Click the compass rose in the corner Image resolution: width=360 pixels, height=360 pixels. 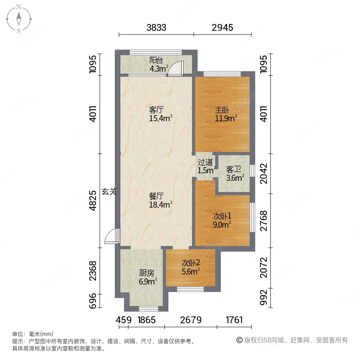click(x=19, y=19)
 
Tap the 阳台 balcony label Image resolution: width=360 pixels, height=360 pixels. click(x=156, y=60)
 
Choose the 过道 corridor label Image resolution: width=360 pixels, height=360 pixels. click(x=205, y=162)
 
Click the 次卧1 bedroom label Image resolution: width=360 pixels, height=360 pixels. click(x=222, y=216)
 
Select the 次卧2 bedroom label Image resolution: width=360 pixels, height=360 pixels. click(x=191, y=263)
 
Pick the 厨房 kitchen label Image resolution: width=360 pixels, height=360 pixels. click(x=146, y=274)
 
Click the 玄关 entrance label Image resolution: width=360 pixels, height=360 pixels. click(x=108, y=192)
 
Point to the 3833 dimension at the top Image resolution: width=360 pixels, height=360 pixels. click(x=156, y=28)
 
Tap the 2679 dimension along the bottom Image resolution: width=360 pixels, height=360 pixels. click(x=191, y=320)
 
